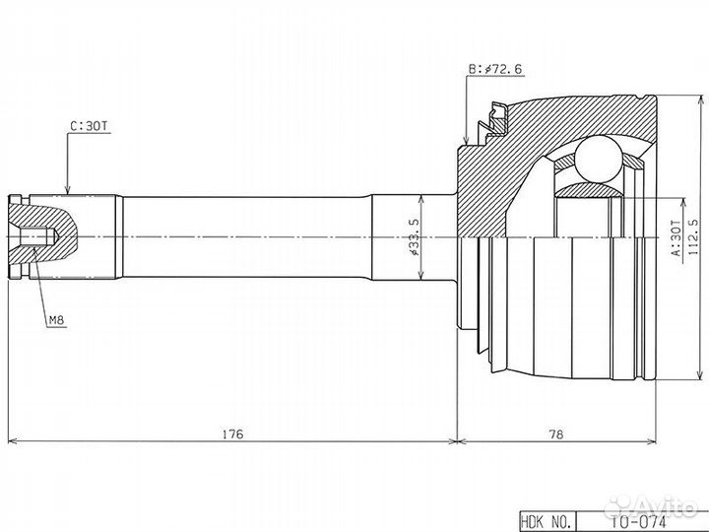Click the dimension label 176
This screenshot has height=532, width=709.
tap(232, 433)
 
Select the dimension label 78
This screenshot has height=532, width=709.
tap(556, 433)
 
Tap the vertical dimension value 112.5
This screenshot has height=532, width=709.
tap(692, 237)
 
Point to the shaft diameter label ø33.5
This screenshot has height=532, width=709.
tap(415, 237)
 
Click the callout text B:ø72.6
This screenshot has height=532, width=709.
tap(495, 69)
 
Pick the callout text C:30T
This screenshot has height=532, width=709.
tap(89, 126)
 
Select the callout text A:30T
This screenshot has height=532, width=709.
tap(676, 238)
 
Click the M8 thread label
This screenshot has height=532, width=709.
tap(57, 321)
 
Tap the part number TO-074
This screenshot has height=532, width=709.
tap(642, 522)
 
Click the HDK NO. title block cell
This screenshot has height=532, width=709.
tap(548, 521)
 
